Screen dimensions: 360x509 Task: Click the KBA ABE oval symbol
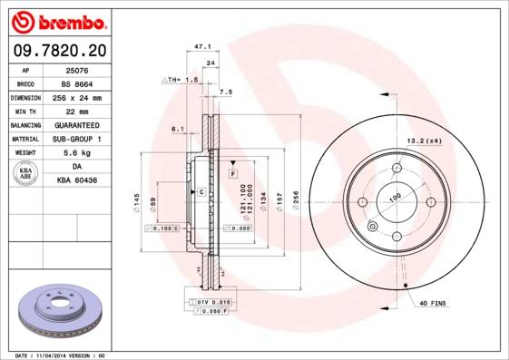(26, 174)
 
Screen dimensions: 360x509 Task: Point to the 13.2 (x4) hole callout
(423, 141)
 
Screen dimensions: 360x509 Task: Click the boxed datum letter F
(232, 172)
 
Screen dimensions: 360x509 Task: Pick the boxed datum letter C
(201, 192)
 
